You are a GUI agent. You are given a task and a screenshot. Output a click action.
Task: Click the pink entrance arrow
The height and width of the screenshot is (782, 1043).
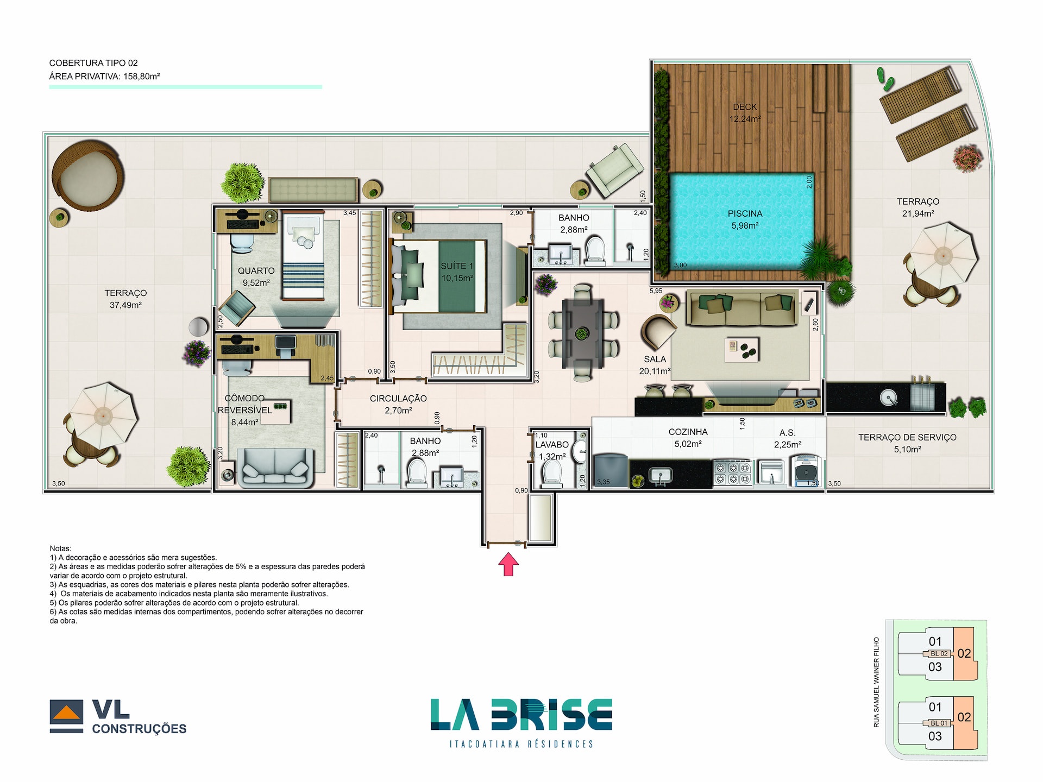[x=508, y=564]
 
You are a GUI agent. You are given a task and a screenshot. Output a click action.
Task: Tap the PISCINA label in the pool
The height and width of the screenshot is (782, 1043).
[x=745, y=213]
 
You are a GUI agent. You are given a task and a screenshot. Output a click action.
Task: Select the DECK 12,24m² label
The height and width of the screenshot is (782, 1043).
[x=745, y=113]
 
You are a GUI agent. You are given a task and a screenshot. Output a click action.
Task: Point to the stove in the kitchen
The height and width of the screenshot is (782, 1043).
[x=732, y=472]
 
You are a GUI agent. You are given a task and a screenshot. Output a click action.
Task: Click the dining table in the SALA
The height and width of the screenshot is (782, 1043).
[x=582, y=333]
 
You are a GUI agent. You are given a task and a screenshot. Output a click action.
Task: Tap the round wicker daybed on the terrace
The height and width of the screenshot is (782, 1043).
[x=88, y=175]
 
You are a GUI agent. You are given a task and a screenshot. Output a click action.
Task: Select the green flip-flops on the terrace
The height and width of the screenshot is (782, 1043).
[x=885, y=79]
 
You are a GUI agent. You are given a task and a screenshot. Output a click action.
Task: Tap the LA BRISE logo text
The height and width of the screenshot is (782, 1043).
[x=521, y=715]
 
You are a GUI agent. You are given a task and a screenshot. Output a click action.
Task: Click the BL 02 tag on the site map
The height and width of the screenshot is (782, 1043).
[x=939, y=654]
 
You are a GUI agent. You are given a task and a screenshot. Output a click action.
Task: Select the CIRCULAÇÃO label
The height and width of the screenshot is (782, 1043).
[x=398, y=399]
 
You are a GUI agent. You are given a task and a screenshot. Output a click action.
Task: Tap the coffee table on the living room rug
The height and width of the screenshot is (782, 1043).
[x=742, y=349]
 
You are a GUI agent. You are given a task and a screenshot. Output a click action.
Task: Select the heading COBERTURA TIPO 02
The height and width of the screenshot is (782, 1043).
[x=93, y=63]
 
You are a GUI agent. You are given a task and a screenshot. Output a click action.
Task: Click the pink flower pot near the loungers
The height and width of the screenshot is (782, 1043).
[x=967, y=158]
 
